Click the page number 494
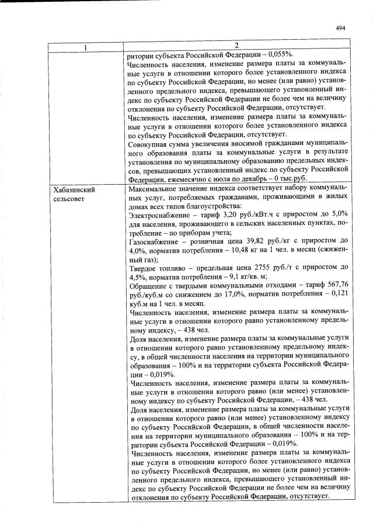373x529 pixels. pos(341,27)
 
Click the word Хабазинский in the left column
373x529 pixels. pos(74,191)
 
